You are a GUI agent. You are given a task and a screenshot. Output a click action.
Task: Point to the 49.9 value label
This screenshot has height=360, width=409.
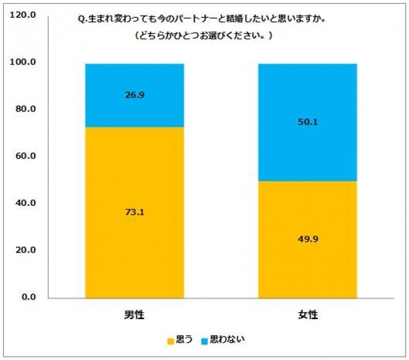[307, 239]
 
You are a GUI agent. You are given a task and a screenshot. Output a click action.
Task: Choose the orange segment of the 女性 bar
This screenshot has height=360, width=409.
[307, 269]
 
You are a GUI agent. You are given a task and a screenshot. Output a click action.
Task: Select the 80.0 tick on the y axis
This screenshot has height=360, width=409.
[26, 109]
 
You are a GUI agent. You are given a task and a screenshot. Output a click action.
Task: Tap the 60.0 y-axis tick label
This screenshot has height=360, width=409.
[26, 157]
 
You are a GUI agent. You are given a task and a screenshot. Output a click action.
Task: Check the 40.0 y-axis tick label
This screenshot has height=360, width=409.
[26, 203]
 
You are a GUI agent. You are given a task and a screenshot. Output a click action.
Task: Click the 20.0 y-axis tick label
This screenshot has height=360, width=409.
[26, 251]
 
